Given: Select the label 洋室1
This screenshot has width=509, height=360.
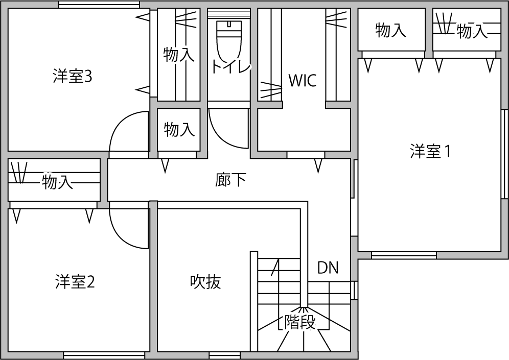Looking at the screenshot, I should click(430, 152).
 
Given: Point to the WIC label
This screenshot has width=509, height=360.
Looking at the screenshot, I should click(302, 80).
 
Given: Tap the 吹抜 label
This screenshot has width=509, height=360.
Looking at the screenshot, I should click(205, 281).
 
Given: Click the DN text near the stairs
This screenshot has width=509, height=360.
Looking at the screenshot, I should click(328, 268).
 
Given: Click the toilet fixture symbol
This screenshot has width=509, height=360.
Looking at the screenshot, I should click(228, 41).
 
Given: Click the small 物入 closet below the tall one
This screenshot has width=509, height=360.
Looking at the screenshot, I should click(179, 130).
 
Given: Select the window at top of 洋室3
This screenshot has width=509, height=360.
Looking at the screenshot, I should click(99, 5).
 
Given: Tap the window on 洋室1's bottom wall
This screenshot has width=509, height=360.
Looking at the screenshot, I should click(404, 255).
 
